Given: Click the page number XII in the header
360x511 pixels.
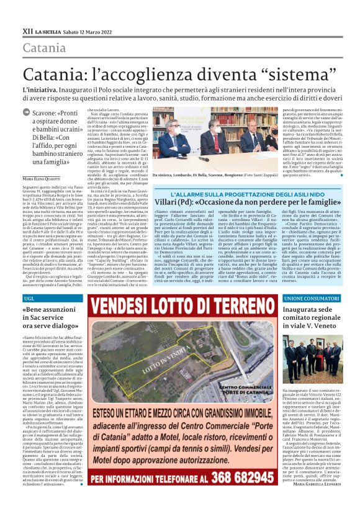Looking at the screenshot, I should [27, 30].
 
